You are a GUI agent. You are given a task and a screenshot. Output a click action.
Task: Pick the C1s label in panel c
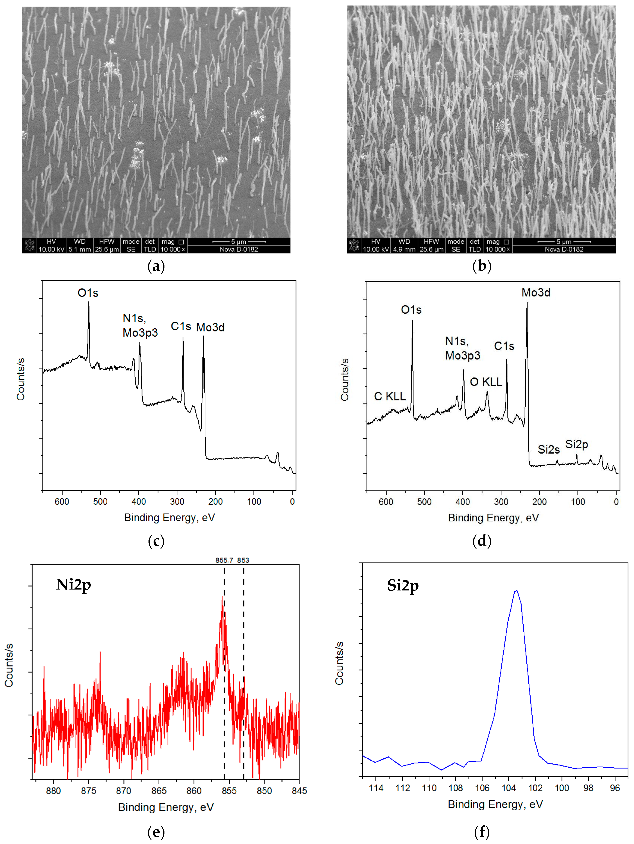[x=181, y=327]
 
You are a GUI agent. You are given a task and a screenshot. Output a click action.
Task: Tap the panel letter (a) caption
[x=156, y=266]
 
